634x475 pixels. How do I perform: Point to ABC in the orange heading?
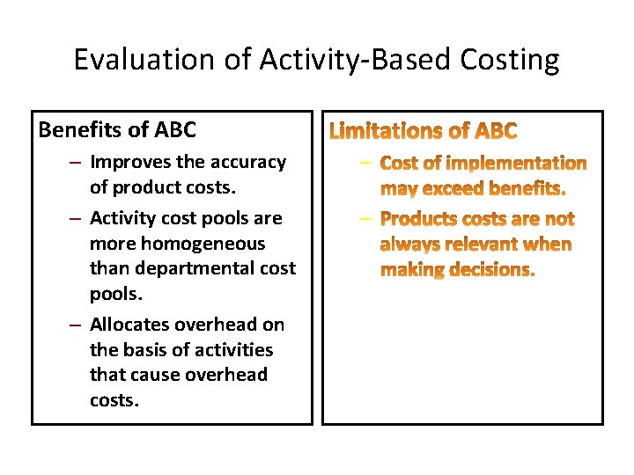click(x=496, y=132)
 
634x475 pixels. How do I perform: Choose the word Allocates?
click(x=131, y=325)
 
